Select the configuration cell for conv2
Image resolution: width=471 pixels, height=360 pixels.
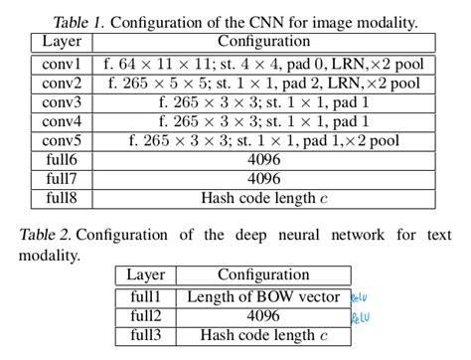pos(263,84)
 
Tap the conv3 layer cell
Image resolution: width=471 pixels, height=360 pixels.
pos(62,102)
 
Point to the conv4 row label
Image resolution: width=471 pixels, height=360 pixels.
pos(62,121)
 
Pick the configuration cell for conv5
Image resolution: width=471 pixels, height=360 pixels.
pos(263,140)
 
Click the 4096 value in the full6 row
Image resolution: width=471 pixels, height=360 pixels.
pos(263,160)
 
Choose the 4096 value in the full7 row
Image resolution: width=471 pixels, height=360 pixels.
pos(263,179)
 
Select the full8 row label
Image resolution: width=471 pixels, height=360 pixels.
pos(62,198)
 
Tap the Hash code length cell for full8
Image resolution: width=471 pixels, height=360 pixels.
pos(263,198)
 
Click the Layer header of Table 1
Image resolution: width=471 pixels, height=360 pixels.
pos(62,42)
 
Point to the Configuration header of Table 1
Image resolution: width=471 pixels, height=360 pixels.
pos(263,42)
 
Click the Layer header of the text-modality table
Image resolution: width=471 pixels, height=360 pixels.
pos(146,275)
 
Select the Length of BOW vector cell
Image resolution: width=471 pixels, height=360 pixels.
pos(263,297)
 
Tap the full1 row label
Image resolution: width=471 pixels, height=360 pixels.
pos(146,297)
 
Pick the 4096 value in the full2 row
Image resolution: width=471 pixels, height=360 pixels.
pos(263,316)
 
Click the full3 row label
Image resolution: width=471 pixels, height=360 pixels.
pos(146,335)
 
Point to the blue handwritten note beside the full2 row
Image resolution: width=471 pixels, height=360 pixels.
pos(360,317)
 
